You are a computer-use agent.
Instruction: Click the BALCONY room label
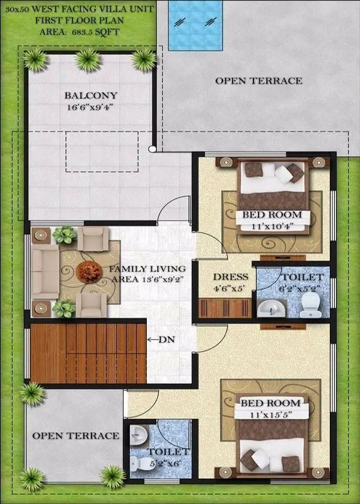91,96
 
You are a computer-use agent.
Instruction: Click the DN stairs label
165,340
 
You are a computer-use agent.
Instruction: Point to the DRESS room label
230,277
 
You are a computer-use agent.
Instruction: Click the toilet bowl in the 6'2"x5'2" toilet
308,307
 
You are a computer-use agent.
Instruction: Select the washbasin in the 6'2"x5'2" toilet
271,308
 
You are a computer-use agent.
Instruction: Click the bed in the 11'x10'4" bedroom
272,183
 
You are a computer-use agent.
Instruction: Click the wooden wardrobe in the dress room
225,308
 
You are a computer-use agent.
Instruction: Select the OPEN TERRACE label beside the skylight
258,81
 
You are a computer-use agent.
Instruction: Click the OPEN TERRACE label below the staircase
76,435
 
